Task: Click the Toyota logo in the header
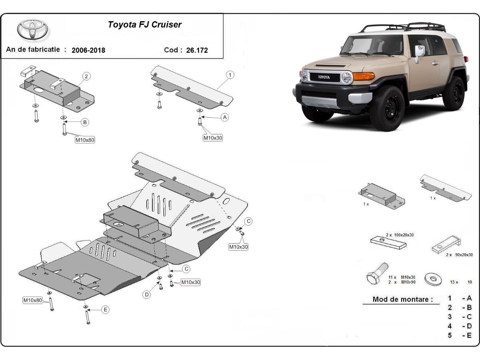click(32, 30)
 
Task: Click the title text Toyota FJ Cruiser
click(144, 25)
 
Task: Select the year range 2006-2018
click(88, 50)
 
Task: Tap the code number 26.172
click(197, 50)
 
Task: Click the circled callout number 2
click(86, 76)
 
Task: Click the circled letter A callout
click(224, 117)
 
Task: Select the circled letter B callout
click(85, 122)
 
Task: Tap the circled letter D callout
click(147, 295)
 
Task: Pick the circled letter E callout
click(105, 309)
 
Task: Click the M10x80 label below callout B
click(85, 140)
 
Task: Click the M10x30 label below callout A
click(213, 138)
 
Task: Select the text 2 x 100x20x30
click(400, 235)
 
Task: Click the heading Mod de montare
click(402, 299)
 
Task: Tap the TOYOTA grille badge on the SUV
click(324, 77)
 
